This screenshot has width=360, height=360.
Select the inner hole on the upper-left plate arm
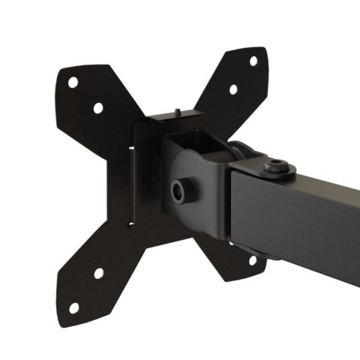coord(98,107)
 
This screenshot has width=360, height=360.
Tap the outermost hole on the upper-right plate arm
coord(253,61)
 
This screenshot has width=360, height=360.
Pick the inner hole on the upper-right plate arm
coord(233,89)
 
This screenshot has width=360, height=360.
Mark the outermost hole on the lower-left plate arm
coord(73,307)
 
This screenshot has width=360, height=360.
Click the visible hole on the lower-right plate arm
coord(252,260)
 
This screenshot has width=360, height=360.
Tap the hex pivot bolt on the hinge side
coord(179,191)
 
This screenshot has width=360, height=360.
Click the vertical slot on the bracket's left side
coord(134,187)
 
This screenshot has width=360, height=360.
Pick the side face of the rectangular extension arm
coord(300,232)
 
